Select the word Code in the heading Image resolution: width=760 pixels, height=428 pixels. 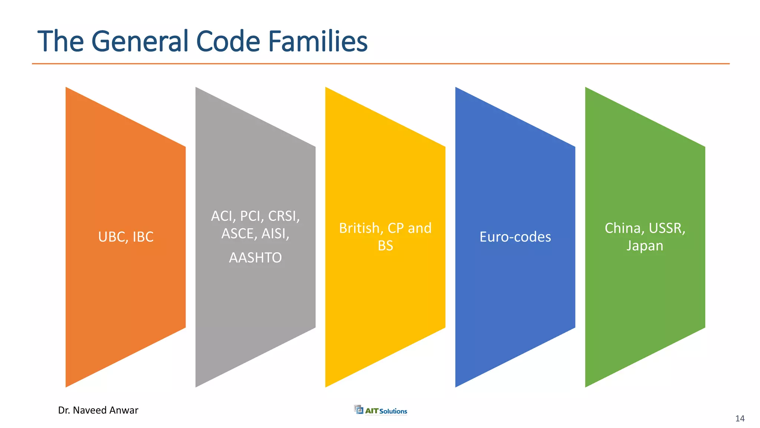click(228, 41)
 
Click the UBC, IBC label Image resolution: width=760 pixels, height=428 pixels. click(125, 237)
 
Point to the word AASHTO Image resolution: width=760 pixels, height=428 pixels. click(255, 258)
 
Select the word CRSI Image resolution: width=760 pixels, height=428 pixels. click(284, 216)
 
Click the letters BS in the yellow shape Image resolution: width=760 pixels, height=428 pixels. click(385, 246)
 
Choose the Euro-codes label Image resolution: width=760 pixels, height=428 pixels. click(515, 237)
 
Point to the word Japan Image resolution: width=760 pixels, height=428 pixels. click(645, 246)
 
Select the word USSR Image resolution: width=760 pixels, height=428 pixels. click(667, 228)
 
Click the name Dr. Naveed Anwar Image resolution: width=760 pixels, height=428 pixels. click(98, 410)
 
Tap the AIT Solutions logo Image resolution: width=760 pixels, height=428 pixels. click(381, 410)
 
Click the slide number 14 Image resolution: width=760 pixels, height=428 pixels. click(740, 419)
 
